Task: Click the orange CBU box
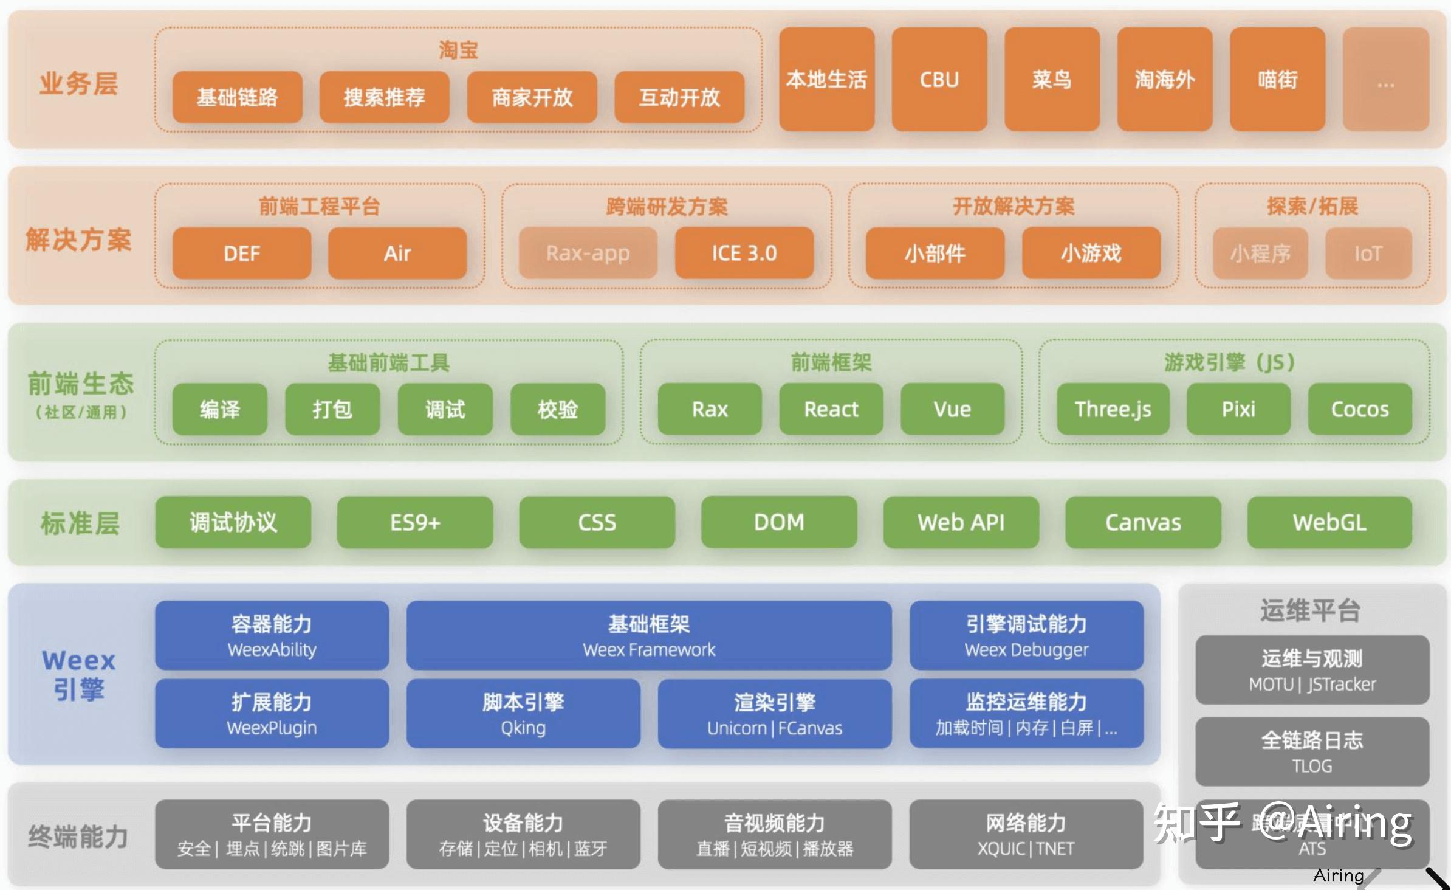point(939,79)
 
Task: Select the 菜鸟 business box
point(1051,79)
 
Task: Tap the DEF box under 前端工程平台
point(241,253)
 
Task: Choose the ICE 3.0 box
point(744,253)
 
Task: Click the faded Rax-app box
point(588,253)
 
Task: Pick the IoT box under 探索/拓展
point(1368,253)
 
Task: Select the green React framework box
point(831,409)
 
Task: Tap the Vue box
point(952,409)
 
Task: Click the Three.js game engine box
point(1113,409)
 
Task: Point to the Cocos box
point(1359,409)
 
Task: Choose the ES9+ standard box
point(414,522)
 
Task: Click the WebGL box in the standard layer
point(1329,522)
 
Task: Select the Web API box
point(961,522)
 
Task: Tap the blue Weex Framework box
point(648,635)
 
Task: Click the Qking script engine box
point(523,713)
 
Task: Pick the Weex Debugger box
point(1026,635)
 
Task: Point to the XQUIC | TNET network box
point(1026,834)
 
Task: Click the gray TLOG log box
point(1312,751)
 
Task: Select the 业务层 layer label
point(78,83)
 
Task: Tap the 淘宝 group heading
point(458,50)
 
